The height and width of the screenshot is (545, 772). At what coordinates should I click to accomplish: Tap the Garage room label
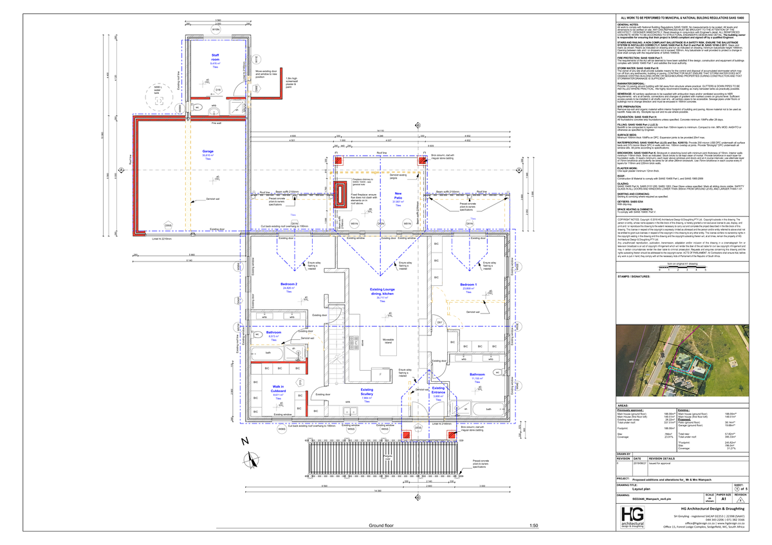tap(208, 152)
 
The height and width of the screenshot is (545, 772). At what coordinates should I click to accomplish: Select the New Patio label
tap(398, 196)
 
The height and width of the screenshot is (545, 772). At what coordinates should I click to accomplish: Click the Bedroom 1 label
tap(468, 284)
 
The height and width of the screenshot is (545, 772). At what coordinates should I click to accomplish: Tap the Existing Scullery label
tap(367, 392)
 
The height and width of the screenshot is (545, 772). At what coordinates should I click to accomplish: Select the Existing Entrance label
tap(438, 391)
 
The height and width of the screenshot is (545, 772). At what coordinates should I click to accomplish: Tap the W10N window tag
tap(216, 30)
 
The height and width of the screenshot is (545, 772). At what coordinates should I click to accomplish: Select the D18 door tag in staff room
tap(218, 90)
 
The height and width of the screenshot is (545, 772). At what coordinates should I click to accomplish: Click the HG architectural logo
tap(632, 517)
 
